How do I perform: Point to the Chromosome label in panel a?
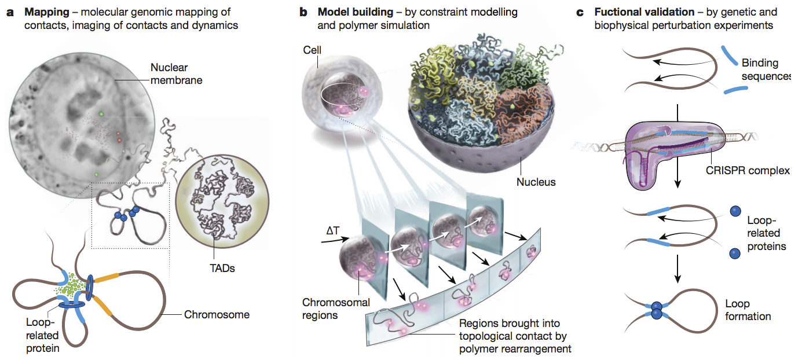pyautogui.click(x=217, y=315)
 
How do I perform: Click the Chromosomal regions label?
pyautogui.click(x=328, y=308)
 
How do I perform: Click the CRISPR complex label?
pyautogui.click(x=748, y=171)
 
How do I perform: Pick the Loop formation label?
pyautogui.click(x=747, y=310)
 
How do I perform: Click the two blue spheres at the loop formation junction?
pyautogui.click(x=656, y=310)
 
